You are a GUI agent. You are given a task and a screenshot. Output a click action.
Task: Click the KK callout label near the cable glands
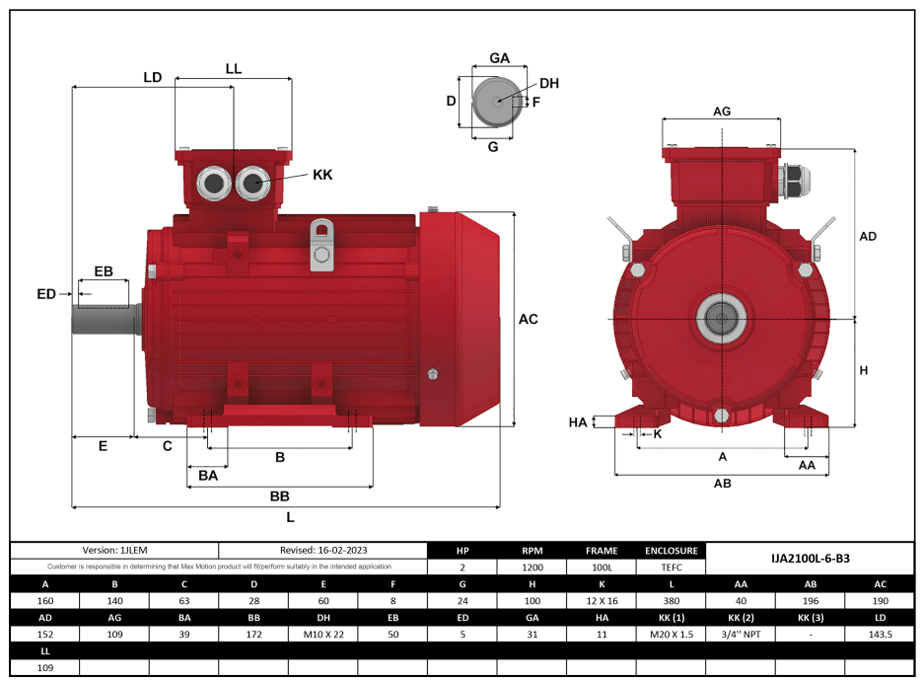(322, 175)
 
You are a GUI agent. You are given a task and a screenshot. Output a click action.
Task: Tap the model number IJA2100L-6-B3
(810, 559)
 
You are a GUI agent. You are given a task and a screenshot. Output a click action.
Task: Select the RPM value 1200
(532, 567)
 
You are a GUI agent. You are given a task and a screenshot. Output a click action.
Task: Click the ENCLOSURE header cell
(672, 551)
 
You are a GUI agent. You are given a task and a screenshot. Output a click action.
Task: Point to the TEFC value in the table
(672, 567)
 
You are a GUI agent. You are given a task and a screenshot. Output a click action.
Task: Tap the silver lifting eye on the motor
(321, 244)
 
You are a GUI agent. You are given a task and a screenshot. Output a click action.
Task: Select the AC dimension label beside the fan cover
(529, 319)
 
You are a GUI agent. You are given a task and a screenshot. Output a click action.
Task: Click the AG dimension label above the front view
(722, 112)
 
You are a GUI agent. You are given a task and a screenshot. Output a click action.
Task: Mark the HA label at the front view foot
(578, 422)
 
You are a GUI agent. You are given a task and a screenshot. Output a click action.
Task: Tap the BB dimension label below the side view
(279, 495)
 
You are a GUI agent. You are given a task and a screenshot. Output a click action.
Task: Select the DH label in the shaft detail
(549, 84)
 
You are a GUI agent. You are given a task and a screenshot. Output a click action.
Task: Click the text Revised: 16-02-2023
(322, 551)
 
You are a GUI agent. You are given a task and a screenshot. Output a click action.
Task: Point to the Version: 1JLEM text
(113, 551)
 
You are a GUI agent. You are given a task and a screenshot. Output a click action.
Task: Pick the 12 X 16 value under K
(602, 601)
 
